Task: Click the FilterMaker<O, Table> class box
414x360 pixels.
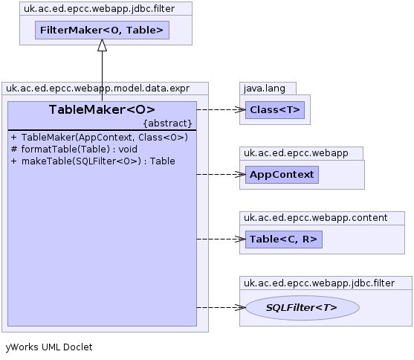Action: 102,30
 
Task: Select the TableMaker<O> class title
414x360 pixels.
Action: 102,109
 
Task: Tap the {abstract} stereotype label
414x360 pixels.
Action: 168,123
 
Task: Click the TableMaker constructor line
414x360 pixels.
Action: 100,137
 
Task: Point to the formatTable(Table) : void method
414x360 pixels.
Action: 74,149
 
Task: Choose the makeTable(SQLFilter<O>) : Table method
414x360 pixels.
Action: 93,161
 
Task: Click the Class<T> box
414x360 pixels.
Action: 275,109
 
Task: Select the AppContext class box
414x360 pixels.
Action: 282,175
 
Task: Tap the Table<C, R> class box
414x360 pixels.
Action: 284,240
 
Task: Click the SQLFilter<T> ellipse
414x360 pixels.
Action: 303,308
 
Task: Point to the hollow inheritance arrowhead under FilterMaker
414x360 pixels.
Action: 102,45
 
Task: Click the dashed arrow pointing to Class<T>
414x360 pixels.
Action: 221,109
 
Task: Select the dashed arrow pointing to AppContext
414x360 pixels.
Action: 221,175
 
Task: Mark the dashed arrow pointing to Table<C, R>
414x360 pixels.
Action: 221,240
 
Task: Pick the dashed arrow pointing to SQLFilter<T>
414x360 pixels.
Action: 221,308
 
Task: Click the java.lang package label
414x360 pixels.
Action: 265,89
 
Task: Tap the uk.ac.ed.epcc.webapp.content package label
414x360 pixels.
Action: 315,217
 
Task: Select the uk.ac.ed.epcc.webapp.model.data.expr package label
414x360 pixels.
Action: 97,89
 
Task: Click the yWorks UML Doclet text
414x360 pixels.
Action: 49,347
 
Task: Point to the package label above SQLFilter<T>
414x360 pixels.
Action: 319,283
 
